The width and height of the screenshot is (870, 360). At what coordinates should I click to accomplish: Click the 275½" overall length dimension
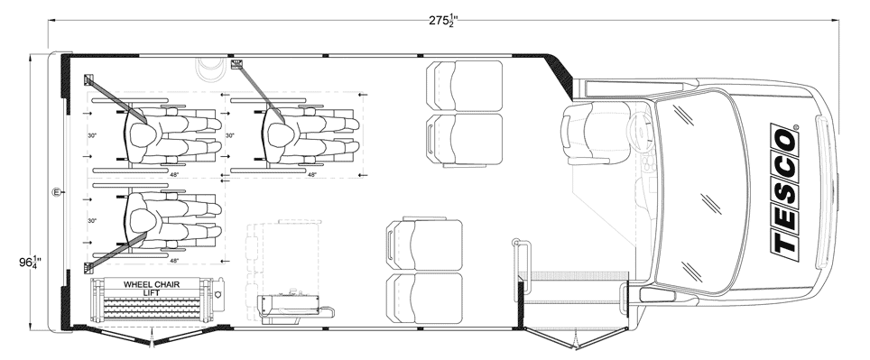[x=443, y=21]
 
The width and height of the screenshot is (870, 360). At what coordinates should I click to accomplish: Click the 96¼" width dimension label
[x=32, y=261]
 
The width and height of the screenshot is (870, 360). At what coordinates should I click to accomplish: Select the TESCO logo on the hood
[x=785, y=192]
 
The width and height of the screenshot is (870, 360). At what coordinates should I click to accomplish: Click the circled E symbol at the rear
[x=56, y=192]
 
